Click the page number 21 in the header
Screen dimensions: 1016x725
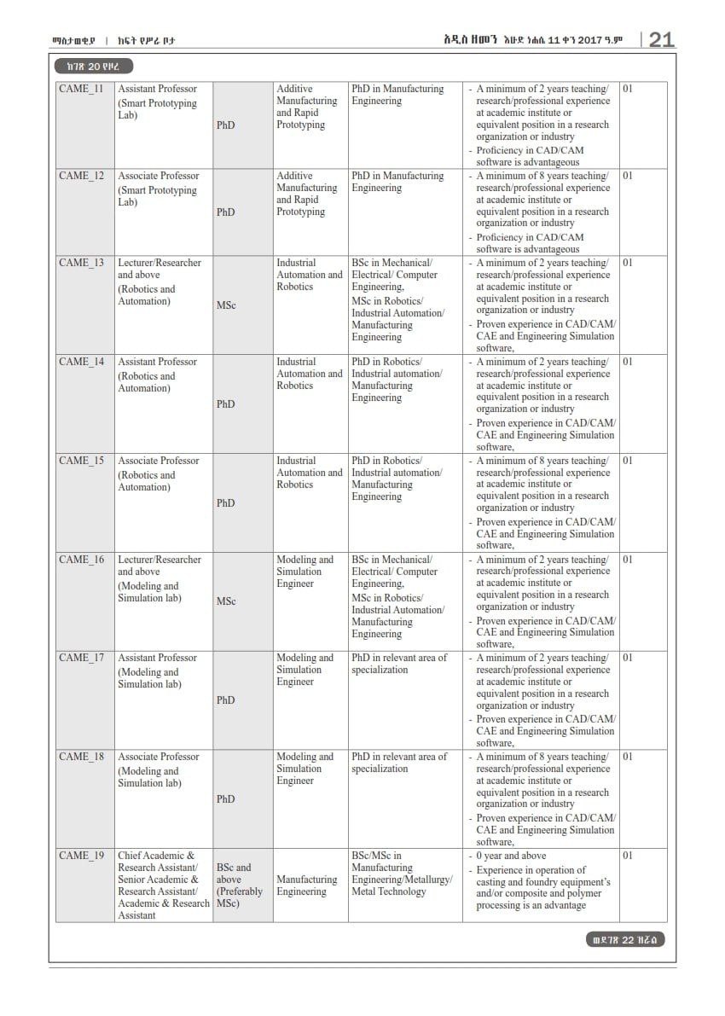click(x=662, y=39)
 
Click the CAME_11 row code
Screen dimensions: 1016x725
click(x=82, y=89)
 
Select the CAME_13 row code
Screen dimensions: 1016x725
click(x=82, y=263)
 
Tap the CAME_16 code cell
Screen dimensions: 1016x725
click(x=82, y=560)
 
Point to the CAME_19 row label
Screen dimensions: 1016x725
click(x=82, y=856)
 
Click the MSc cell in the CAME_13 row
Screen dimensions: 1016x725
click(x=226, y=305)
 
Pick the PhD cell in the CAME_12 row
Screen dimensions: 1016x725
click(x=226, y=212)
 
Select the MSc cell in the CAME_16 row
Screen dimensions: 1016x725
click(x=226, y=601)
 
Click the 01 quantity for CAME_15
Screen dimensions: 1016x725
click(x=628, y=461)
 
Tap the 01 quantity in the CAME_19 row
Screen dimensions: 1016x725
click(x=628, y=856)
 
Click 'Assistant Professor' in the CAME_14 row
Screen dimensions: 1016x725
click(x=157, y=362)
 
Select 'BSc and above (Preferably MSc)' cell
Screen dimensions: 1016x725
click(x=240, y=885)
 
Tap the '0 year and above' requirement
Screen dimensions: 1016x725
click(x=512, y=856)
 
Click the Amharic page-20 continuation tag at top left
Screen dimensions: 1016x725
click(x=93, y=67)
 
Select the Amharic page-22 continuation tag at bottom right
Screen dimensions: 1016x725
click(x=626, y=940)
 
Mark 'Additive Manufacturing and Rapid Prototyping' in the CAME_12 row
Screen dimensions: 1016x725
click(x=307, y=194)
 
